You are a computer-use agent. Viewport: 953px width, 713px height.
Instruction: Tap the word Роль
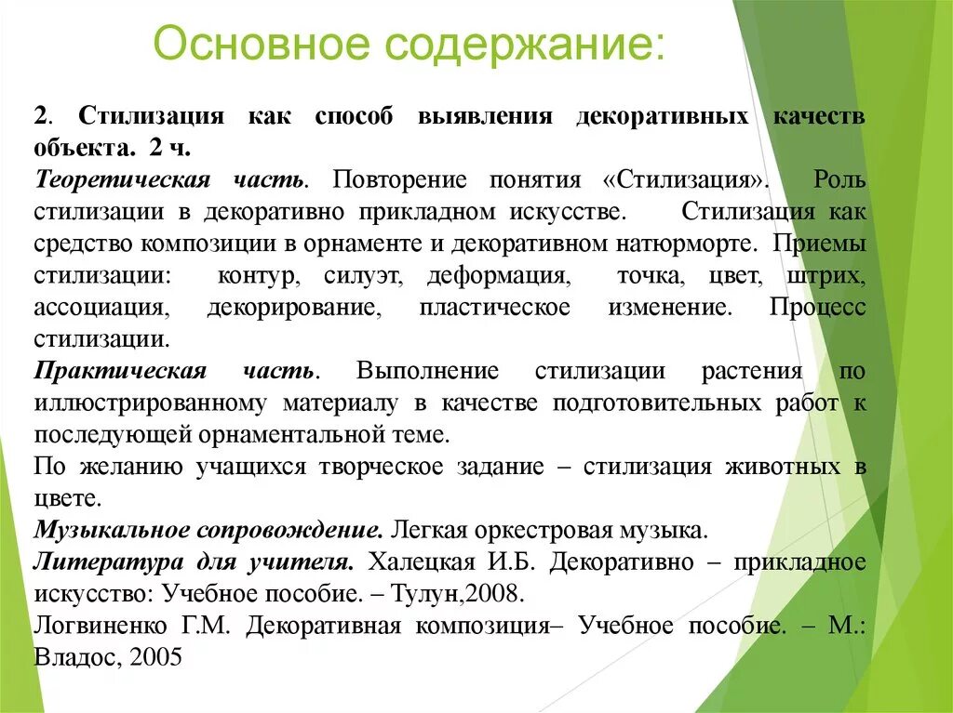[x=839, y=178]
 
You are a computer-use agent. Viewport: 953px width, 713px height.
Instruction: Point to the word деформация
[x=497, y=276]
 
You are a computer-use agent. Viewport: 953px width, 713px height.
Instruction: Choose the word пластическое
[x=494, y=308]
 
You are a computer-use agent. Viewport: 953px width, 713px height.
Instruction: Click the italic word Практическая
[x=120, y=371]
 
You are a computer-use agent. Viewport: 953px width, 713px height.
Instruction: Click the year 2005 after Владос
[x=156, y=657]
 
